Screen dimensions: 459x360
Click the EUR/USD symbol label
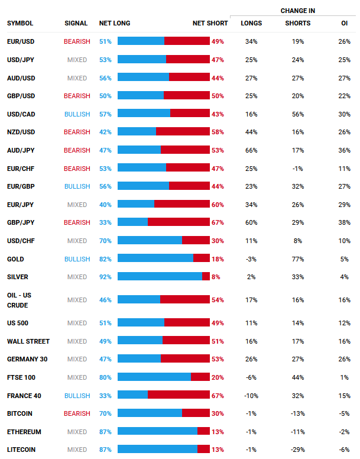tap(20, 41)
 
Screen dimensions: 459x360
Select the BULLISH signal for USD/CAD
tap(77, 114)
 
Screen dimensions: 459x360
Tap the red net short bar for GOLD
tap(202, 258)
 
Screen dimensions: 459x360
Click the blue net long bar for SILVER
tap(160, 276)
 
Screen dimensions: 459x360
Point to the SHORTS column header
tap(297, 23)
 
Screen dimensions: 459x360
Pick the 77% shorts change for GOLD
tap(298, 259)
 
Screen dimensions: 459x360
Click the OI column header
tap(344, 23)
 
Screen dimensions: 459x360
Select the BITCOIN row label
tap(20, 413)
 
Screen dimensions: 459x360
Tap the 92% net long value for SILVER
tap(105, 277)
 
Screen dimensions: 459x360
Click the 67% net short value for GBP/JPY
tap(218, 222)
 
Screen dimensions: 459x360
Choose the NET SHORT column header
tap(210, 23)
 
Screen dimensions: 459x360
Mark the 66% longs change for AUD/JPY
tap(251, 150)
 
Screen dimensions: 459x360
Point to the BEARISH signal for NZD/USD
tap(77, 132)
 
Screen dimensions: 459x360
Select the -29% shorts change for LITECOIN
tap(298, 450)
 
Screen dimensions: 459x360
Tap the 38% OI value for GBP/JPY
tap(344, 222)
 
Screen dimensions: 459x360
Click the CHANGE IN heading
tap(297, 11)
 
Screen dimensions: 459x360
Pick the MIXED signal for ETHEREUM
tap(77, 432)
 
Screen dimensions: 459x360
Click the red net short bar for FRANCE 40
tap(179, 395)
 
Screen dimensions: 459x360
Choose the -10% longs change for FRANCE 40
tap(251, 396)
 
